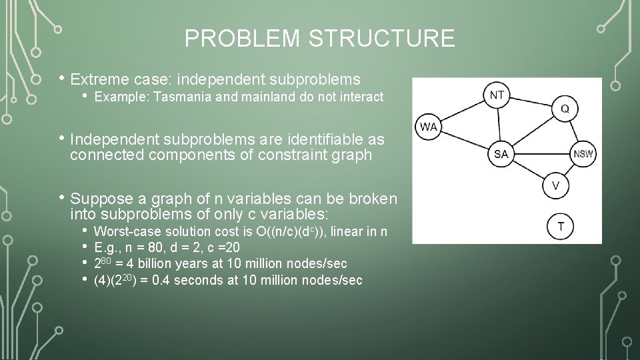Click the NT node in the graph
click(x=497, y=95)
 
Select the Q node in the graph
click(x=564, y=108)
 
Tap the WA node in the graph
click(x=428, y=127)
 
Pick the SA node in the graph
click(x=501, y=154)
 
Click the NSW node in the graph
click(x=584, y=154)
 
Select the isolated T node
click(x=560, y=227)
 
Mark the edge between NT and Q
click(x=531, y=101)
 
